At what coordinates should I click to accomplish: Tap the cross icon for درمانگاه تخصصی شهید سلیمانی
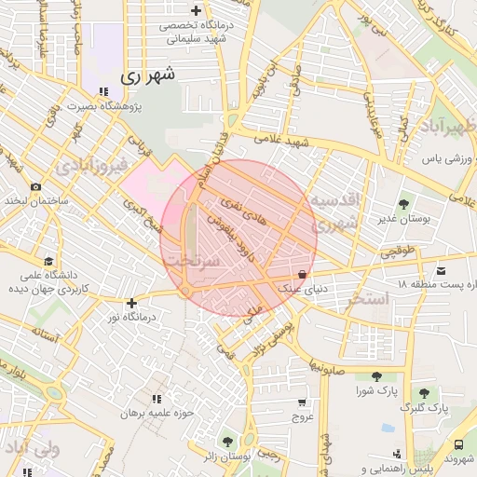pos(195,8)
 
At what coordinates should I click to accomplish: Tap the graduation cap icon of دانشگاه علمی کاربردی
pos(48,261)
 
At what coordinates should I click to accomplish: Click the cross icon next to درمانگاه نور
pos(132,303)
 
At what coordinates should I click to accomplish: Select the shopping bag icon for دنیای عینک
pos(302,274)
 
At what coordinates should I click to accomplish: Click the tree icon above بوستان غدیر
pos(404,203)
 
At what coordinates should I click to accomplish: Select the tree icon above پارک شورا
pos(376,375)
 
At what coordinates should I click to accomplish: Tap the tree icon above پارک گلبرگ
pos(425,393)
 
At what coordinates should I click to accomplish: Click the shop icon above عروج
pos(302,402)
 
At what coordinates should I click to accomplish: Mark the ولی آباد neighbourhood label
pos(34,451)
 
